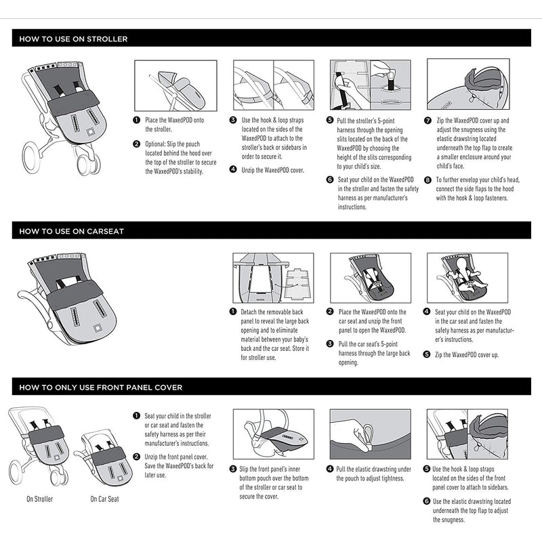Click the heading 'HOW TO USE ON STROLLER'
(74, 39)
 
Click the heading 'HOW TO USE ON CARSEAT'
(72, 231)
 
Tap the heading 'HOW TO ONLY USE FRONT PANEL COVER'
(101, 388)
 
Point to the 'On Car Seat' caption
(104, 499)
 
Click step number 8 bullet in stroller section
(428, 180)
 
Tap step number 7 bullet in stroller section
(428, 120)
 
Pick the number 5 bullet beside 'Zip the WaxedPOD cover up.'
(427, 354)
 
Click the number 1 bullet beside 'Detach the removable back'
(233, 311)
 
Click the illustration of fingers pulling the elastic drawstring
(371, 434)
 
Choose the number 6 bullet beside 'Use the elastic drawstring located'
(427, 501)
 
